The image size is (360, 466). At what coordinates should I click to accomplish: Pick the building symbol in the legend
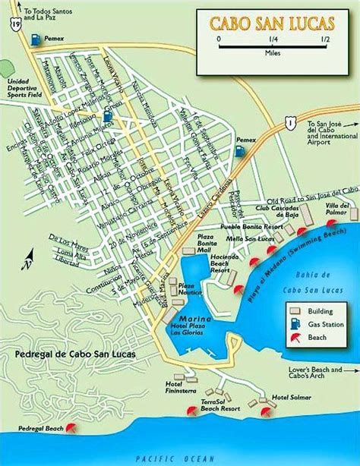tap(292, 310)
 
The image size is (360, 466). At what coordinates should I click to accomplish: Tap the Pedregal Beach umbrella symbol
tap(71, 427)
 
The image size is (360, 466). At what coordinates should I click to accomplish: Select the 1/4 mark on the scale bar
tap(271, 38)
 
